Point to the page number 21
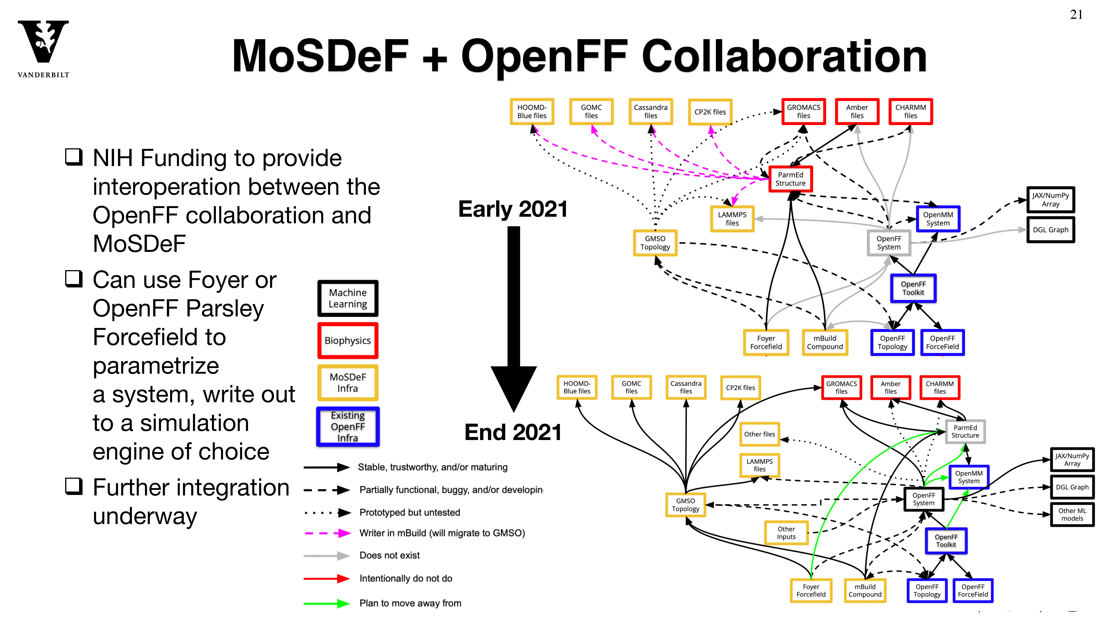point(1076,15)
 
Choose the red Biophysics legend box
point(348,340)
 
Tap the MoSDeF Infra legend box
point(348,383)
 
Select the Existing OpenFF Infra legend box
point(348,427)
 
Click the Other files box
point(760,434)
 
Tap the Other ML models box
point(1072,514)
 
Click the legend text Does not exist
point(390,555)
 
